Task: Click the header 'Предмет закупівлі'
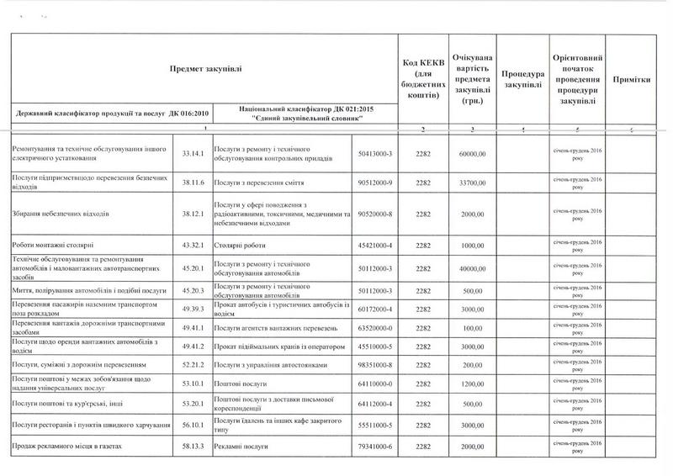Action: click(205, 68)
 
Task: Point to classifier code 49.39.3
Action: click(194, 309)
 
